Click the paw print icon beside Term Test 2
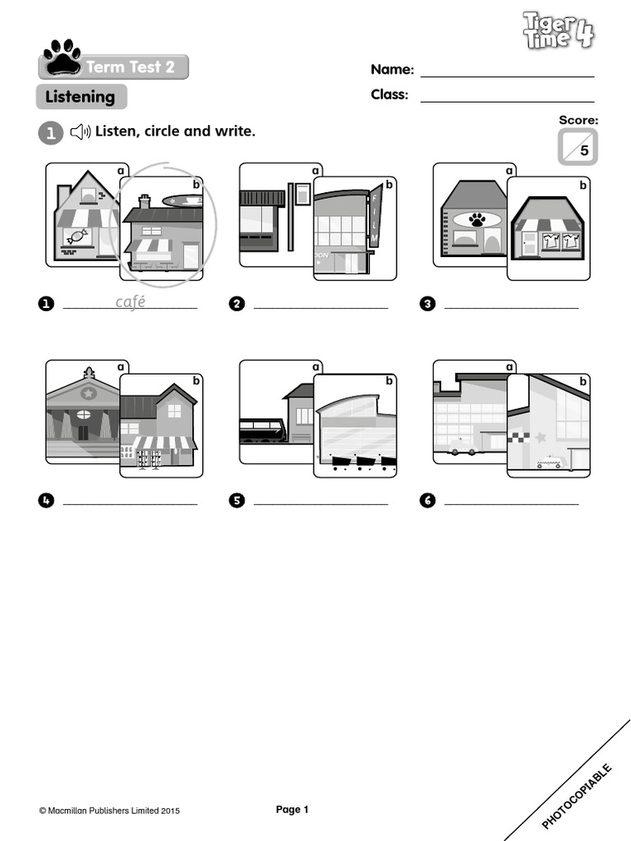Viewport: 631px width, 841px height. click(62, 57)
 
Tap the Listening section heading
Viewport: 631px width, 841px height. click(81, 97)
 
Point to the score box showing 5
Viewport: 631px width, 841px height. click(578, 148)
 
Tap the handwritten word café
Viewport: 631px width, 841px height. click(130, 302)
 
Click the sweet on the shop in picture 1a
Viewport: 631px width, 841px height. click(78, 236)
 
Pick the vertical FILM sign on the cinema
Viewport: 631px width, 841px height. click(375, 216)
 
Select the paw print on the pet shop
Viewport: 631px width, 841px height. click(477, 218)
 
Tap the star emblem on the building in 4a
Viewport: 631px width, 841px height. click(88, 393)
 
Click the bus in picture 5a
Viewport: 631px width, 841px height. click(262, 430)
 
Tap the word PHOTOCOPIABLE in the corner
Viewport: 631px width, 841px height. click(578, 796)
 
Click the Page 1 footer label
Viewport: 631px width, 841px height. click(292, 810)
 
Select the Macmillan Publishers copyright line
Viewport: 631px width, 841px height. click(109, 811)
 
